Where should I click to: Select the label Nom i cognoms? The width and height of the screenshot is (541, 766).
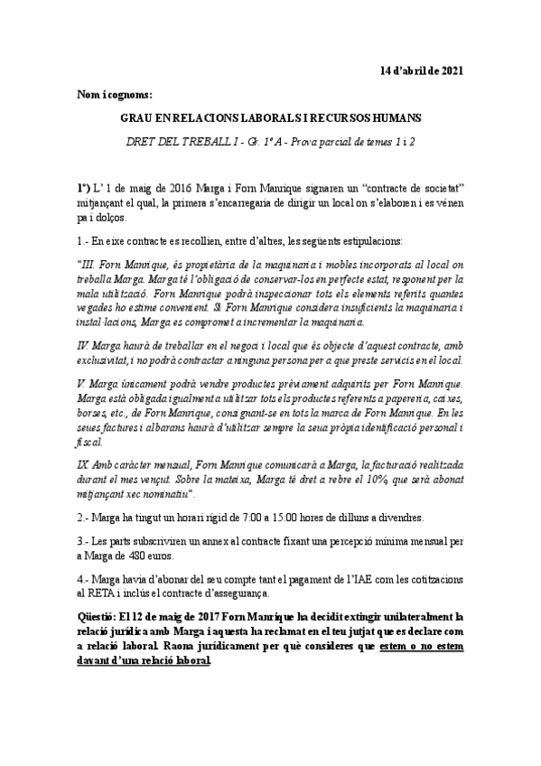click(x=115, y=94)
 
